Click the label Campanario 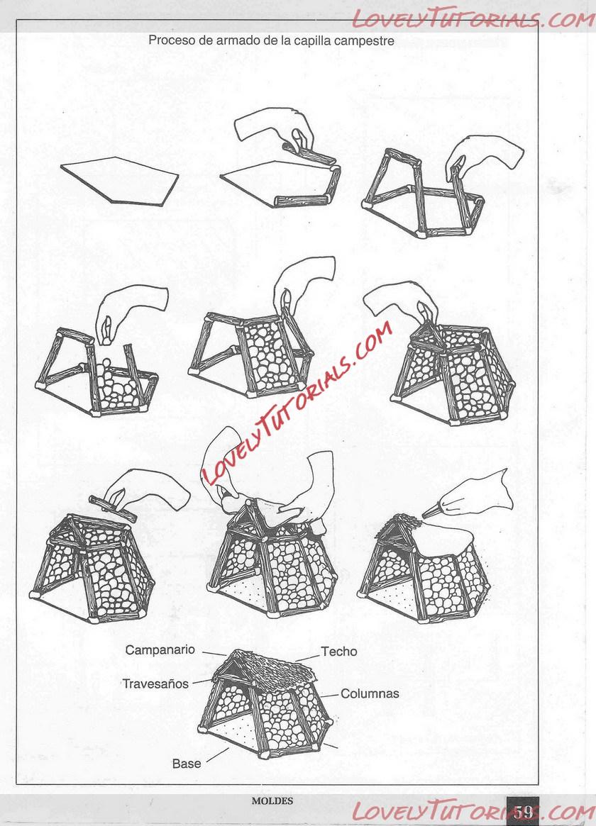click(160, 650)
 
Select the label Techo click(339, 652)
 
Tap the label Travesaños click(155, 683)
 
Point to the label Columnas click(370, 694)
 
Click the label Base click(187, 764)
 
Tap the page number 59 click(524, 811)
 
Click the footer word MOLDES click(272, 800)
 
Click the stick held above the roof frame click(113, 509)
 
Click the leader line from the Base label click(218, 755)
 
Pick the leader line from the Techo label click(308, 657)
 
